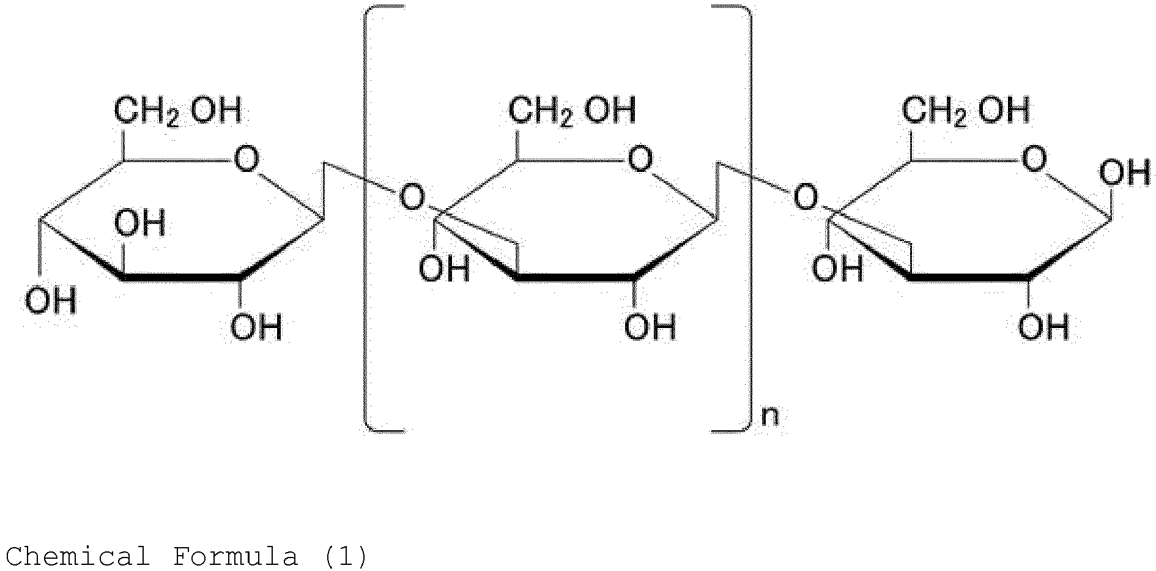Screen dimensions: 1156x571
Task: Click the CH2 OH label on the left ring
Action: (x=178, y=112)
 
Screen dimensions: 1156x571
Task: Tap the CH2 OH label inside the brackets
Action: (x=572, y=112)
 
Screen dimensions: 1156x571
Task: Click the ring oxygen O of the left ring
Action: (x=246, y=160)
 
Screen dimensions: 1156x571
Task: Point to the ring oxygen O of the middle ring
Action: (x=640, y=160)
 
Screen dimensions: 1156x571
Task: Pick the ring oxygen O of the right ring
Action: (x=1034, y=160)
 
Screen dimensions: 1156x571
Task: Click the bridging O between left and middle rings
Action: (x=412, y=198)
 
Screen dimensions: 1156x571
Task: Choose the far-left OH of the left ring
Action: (x=51, y=300)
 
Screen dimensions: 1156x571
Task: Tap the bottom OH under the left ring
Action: (x=256, y=327)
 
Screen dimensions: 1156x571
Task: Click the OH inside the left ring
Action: (x=140, y=223)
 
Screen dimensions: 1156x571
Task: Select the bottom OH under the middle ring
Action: (x=650, y=327)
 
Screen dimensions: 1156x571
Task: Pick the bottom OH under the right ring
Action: (x=1044, y=327)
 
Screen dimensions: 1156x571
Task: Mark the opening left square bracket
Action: (x=366, y=218)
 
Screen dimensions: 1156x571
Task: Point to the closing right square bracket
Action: (x=747, y=218)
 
